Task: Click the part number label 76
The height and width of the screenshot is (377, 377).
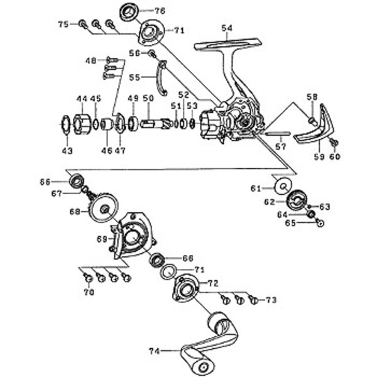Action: click(160, 11)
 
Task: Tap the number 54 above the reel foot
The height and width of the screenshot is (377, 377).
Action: click(226, 28)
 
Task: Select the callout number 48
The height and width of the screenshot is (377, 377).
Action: click(92, 60)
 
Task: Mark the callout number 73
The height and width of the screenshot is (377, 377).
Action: click(271, 300)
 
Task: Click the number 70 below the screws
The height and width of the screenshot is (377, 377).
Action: click(88, 292)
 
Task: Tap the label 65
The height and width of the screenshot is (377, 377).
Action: click(290, 222)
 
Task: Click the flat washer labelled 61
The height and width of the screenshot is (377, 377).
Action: click(283, 187)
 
